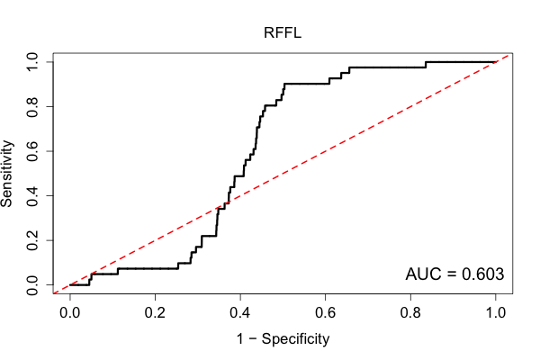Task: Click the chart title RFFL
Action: coord(283,32)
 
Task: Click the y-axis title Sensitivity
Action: coord(7,174)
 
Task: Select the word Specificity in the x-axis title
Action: coord(295,339)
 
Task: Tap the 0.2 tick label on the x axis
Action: coord(155,313)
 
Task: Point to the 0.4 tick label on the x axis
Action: coord(240,313)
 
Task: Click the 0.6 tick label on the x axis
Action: coord(326,313)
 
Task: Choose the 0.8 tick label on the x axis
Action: coord(410,313)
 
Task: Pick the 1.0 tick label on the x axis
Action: coord(496,313)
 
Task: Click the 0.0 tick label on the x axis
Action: coord(70,313)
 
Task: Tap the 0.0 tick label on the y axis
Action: coord(32,285)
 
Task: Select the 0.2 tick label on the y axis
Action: coord(32,240)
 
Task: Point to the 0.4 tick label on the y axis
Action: coord(32,196)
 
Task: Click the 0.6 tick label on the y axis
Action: coord(32,151)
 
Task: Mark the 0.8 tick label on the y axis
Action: coord(32,107)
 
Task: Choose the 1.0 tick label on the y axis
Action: coord(32,62)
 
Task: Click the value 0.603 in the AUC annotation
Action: coord(482,274)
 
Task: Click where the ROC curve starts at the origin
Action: coord(70,285)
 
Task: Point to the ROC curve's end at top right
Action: coord(496,62)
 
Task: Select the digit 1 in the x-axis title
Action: coord(240,338)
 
